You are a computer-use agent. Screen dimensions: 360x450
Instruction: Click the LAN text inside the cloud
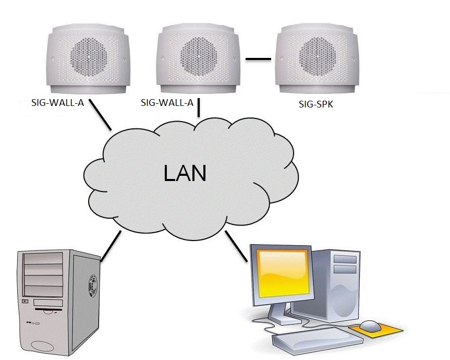point(185,173)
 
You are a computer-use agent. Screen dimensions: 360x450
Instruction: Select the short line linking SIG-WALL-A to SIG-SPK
point(259,58)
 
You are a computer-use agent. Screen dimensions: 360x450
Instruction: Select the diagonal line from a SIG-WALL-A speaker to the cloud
point(101,115)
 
